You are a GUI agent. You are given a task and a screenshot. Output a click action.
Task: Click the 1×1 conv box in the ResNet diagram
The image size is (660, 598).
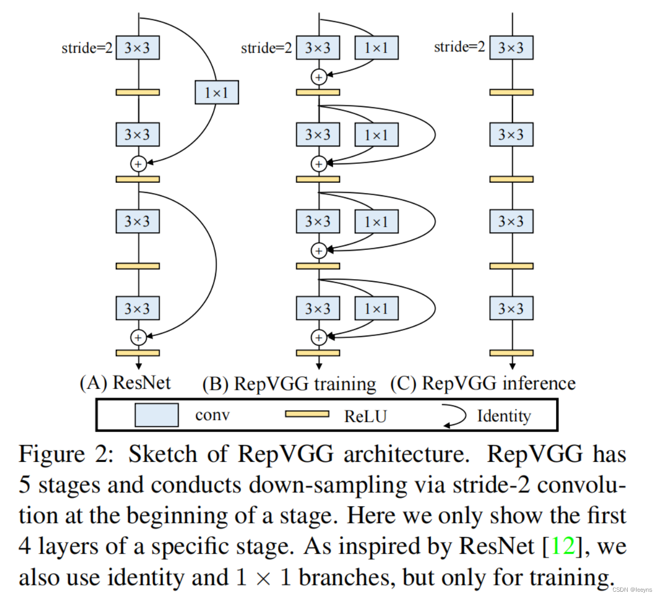[x=217, y=92]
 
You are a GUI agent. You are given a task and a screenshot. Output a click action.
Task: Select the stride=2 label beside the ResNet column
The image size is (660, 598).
[x=87, y=48]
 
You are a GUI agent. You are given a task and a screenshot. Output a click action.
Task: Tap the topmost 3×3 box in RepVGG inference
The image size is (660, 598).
[x=511, y=48]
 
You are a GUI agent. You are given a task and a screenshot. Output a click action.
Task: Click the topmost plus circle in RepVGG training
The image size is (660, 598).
[x=319, y=77]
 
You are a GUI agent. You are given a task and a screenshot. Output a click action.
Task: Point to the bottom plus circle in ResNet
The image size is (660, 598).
[x=138, y=338]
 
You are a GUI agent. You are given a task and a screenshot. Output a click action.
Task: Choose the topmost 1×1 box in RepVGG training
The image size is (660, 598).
[x=376, y=48]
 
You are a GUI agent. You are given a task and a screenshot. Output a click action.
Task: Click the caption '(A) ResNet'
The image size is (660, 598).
[x=125, y=383]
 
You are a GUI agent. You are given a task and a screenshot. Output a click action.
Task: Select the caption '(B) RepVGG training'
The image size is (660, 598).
[x=289, y=384]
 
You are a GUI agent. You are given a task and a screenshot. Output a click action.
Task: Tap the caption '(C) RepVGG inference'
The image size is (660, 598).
[x=483, y=384]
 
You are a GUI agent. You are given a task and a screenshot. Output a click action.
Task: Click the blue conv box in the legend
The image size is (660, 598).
[x=157, y=415]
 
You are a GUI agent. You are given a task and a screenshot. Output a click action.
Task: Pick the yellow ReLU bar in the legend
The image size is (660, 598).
[x=307, y=414]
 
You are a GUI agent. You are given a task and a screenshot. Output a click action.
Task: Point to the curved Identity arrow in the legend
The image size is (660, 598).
[x=455, y=416]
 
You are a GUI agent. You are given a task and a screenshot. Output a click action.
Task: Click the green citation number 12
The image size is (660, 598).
[x=562, y=546]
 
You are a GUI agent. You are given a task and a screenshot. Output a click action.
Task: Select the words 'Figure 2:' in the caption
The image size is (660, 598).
[x=66, y=455]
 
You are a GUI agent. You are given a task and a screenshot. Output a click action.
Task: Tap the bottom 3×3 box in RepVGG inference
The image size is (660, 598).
[x=511, y=308]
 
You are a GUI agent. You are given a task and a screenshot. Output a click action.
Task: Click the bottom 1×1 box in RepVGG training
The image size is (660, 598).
[x=376, y=308]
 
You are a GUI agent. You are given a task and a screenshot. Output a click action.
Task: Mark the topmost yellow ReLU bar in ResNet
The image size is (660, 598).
[x=138, y=92]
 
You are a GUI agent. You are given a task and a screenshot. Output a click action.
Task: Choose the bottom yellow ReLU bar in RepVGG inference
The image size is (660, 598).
[x=511, y=353]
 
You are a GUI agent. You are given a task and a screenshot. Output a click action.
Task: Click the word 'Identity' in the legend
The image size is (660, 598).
[x=504, y=416]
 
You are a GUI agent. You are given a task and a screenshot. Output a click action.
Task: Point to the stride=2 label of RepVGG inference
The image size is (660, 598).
[x=459, y=47]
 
